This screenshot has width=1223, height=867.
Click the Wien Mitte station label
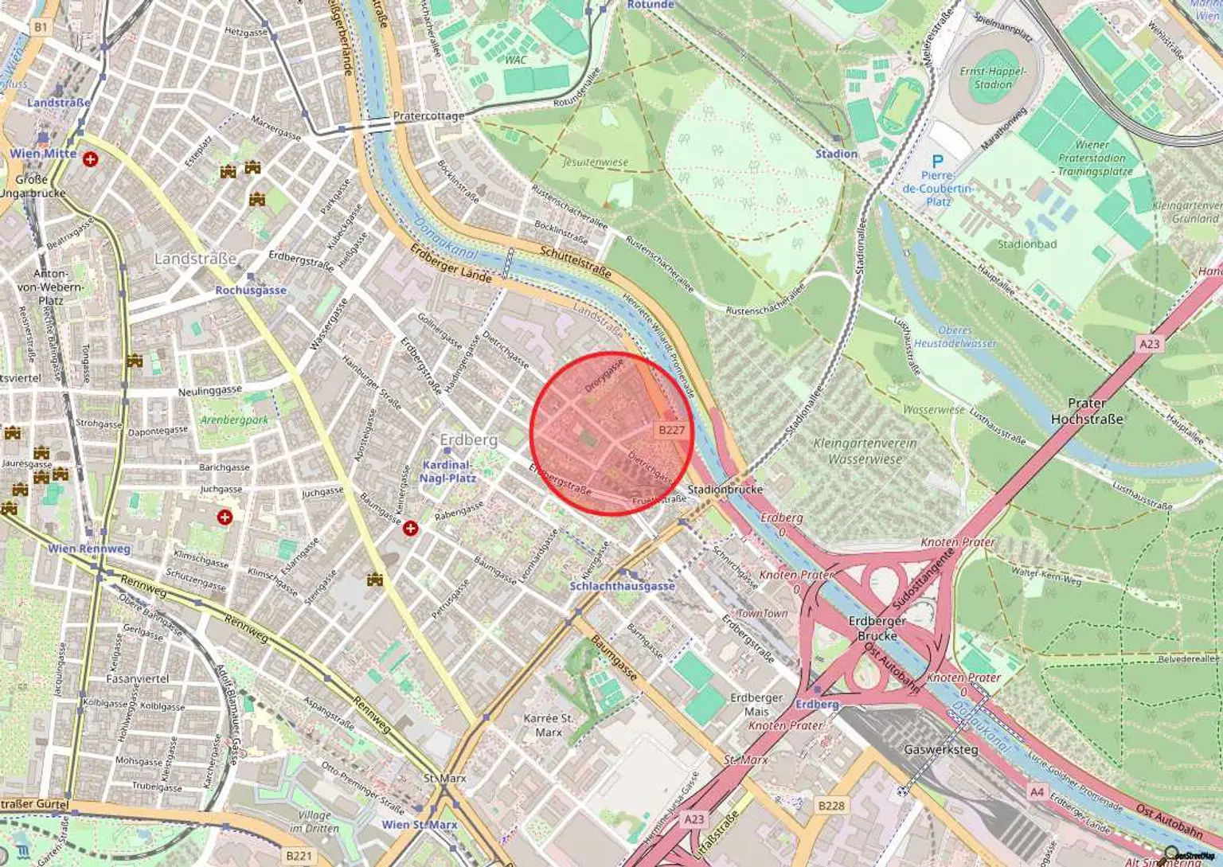43,154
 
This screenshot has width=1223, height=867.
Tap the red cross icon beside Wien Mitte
91,159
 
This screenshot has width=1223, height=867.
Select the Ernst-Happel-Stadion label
992,77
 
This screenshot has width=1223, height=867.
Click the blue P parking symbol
937,162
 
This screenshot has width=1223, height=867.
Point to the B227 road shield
670,430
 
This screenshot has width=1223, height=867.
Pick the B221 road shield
299,856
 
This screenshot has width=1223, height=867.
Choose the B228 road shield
830,806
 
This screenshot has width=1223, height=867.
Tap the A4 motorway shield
1036,792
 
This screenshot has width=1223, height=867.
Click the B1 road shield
41,27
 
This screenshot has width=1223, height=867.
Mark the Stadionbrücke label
725,490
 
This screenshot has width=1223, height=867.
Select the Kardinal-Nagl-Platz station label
447,471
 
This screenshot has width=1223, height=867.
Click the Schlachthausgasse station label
622,586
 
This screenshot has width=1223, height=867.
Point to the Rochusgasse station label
250,291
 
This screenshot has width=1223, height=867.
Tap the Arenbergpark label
234,420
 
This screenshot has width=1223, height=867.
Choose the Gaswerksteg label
941,750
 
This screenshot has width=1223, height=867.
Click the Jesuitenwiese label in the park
595,162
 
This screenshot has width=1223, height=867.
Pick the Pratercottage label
428,116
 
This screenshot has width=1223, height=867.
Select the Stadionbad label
1026,244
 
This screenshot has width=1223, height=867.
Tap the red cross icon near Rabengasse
411,528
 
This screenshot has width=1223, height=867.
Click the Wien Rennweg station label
88,549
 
